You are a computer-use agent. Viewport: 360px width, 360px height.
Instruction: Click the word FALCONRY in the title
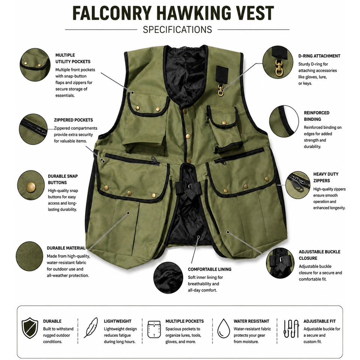(112, 13)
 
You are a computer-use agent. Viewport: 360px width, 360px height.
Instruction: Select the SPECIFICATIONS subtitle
(177, 30)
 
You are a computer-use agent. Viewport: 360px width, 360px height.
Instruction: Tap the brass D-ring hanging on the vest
(220, 90)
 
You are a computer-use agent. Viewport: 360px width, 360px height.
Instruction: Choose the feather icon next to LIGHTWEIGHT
(91, 328)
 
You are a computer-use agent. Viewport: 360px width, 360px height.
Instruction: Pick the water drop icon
(223, 328)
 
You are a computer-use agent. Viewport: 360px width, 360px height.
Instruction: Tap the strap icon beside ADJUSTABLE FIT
(291, 328)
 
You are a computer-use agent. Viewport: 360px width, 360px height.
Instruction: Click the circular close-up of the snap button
(31, 185)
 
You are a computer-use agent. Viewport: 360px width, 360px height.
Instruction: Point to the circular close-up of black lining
(168, 277)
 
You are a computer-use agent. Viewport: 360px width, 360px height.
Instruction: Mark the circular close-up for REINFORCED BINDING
(284, 121)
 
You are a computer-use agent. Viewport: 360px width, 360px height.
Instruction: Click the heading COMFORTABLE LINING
(210, 269)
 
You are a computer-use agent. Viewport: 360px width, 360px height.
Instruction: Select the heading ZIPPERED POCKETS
(73, 120)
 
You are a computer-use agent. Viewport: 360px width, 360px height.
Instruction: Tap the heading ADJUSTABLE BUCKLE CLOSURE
(319, 255)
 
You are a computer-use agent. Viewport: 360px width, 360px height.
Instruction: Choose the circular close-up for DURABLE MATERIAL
(29, 256)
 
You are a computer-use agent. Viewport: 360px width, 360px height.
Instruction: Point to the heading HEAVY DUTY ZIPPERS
(326, 177)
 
